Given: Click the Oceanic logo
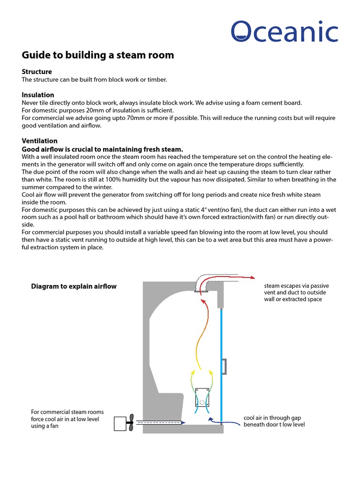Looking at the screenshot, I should [x=285, y=31].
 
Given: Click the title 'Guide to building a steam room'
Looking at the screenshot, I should [x=98, y=55].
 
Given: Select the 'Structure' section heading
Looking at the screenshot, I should [x=37, y=72].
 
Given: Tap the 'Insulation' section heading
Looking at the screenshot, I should [x=38, y=95].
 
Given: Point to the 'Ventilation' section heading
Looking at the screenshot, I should [x=40, y=141].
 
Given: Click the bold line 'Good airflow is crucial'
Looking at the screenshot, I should [x=102, y=149].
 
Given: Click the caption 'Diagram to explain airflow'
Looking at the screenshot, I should [x=74, y=286].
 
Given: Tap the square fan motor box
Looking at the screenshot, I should [x=120, y=423].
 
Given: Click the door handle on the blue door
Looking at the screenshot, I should [x=225, y=366].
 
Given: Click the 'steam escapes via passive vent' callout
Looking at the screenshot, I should [x=296, y=292].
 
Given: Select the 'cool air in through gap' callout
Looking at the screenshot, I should [x=274, y=421].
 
